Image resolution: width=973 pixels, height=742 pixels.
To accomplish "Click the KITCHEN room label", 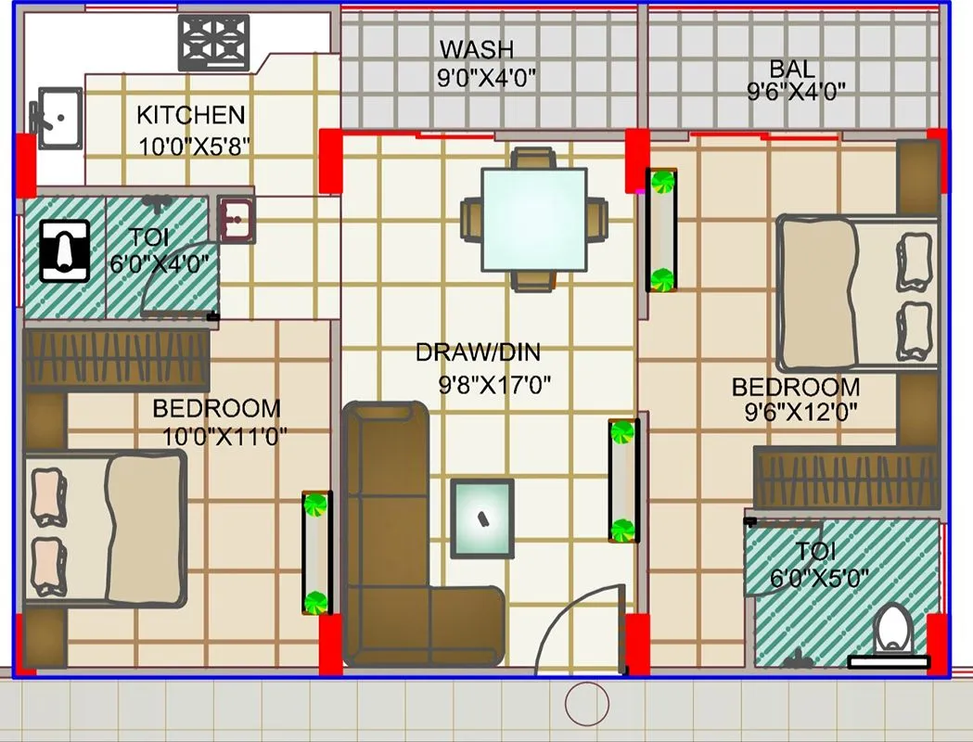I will tap(190, 115).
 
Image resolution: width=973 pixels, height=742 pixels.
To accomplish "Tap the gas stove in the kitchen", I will tap(214, 43).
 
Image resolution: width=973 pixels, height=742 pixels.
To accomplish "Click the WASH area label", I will tap(476, 49).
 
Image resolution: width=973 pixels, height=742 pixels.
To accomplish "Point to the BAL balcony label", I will tap(792, 69).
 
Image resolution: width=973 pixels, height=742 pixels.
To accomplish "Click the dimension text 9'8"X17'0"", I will tap(494, 383).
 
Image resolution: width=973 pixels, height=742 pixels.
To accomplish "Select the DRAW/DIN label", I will tap(477, 352).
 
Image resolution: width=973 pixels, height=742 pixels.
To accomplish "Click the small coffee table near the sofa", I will tap(482, 518).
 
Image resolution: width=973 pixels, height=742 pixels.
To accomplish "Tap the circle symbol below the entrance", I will tap(586, 703).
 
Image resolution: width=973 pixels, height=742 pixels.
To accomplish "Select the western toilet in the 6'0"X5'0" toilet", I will tap(892, 629).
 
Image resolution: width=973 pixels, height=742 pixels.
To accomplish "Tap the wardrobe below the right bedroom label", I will tap(846, 477).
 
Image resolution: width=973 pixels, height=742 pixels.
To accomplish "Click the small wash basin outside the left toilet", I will tap(237, 220).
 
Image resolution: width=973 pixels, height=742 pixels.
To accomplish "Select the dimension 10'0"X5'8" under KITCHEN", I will tap(194, 146).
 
